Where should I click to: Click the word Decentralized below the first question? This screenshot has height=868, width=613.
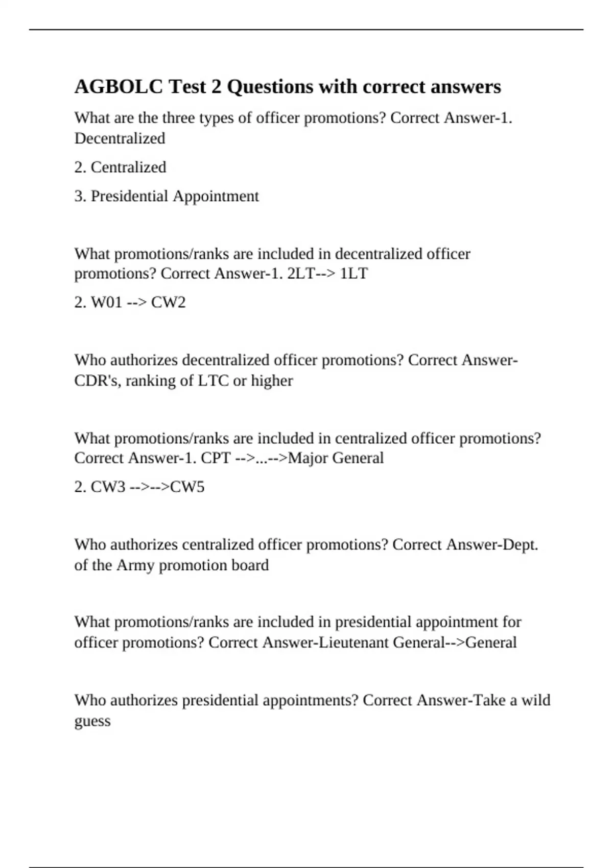click(120, 138)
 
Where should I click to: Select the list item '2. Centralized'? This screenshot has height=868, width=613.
click(120, 167)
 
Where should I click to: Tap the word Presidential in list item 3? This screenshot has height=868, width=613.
click(129, 196)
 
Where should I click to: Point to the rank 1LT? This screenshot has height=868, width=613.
click(353, 274)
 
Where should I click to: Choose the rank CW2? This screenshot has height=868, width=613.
click(168, 302)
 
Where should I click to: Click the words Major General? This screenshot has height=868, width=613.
click(336, 458)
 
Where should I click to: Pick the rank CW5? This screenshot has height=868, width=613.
click(187, 487)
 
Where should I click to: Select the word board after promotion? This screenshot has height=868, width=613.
click(250, 565)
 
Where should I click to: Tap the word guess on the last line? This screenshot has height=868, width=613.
click(92, 721)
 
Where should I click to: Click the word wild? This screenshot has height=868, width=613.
click(535, 700)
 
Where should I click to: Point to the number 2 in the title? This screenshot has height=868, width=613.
click(216, 87)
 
